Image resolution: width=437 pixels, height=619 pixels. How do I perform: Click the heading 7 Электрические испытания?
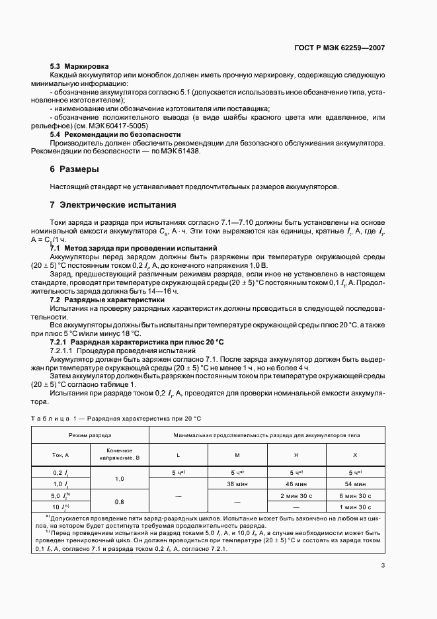coord(113,204)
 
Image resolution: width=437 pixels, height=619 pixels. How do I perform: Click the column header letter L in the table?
coord(178,455)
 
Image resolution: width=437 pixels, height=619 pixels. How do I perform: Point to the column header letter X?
coord(355,455)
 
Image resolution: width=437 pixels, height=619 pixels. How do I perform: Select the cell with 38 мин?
coord(237,483)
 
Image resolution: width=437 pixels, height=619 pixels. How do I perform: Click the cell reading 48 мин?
coord(296,483)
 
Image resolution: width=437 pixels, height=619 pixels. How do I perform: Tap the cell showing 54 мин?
coord(355,483)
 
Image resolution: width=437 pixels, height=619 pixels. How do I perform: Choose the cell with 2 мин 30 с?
coord(296,495)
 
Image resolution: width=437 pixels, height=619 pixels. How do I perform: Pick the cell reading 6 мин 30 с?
coord(355,495)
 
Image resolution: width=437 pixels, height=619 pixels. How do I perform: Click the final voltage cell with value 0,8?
coord(120,501)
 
